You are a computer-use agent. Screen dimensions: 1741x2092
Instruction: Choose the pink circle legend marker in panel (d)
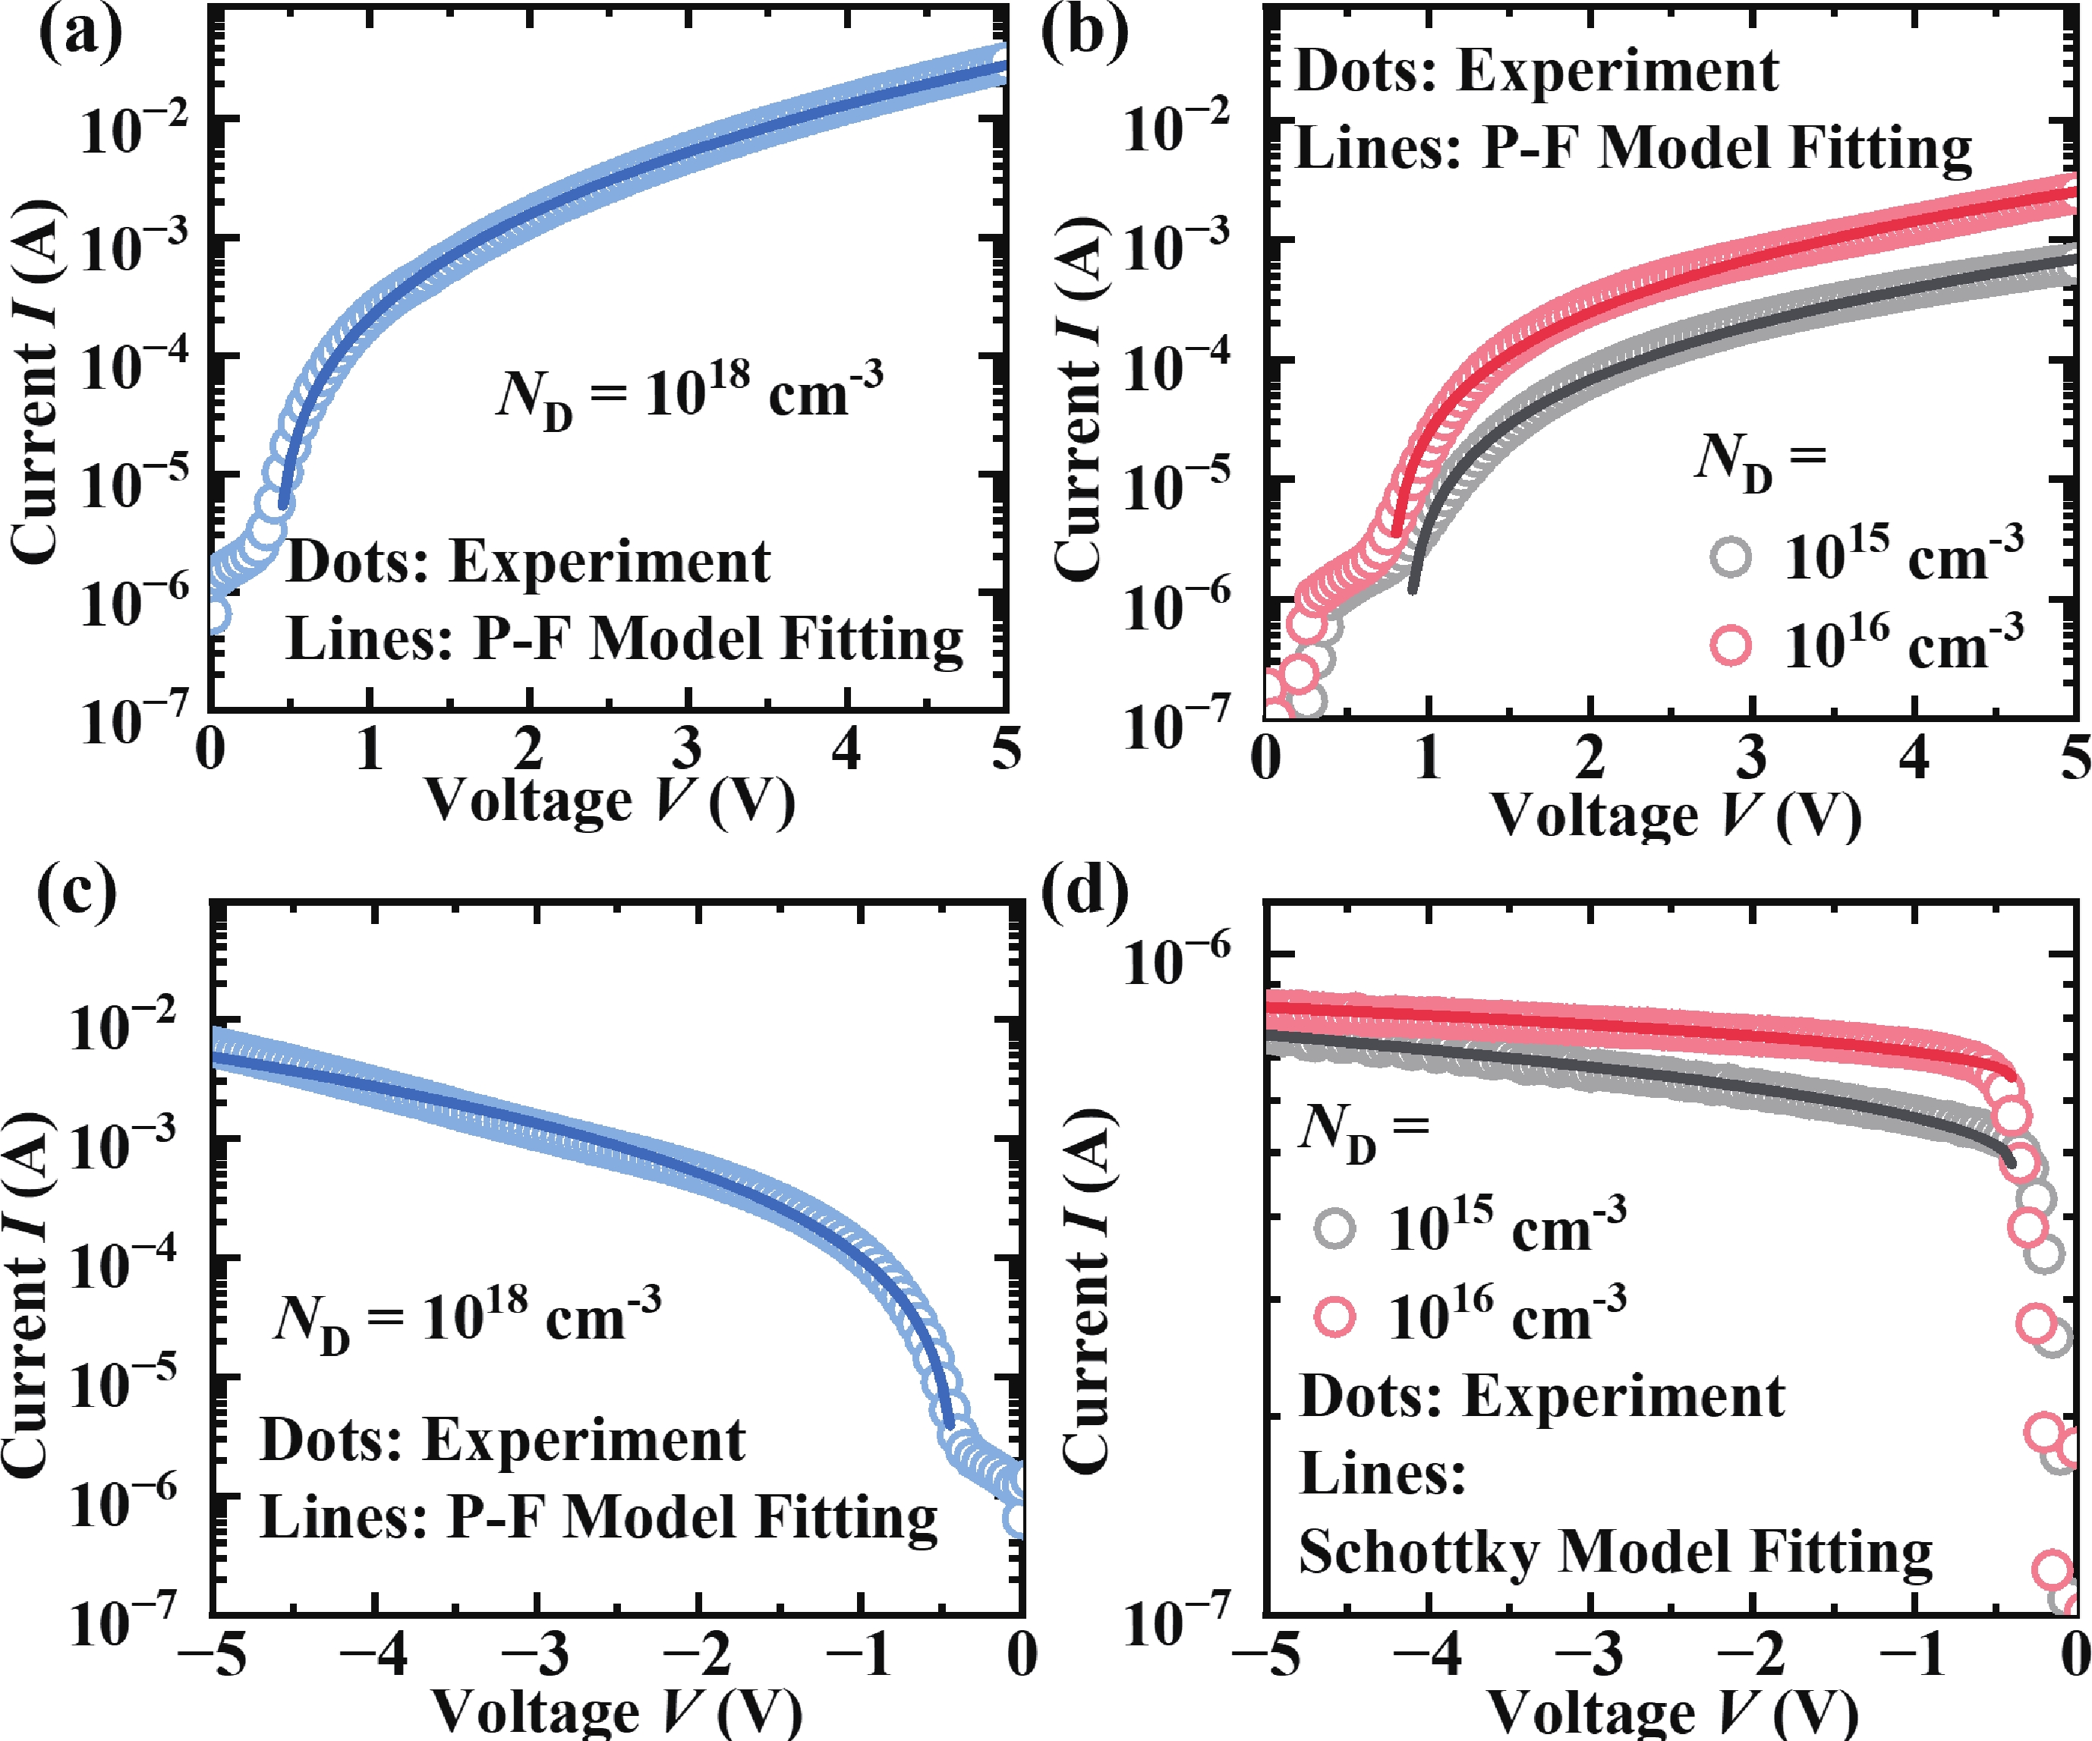(1335, 1317)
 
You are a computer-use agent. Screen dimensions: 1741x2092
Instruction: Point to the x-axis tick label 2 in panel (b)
(1589, 758)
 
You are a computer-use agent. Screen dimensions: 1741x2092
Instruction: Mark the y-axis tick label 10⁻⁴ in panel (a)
(134, 363)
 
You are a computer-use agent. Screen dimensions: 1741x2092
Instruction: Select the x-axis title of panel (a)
(610, 800)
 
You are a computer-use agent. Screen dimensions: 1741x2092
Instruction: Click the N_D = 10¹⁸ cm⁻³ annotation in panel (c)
(466, 1318)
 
